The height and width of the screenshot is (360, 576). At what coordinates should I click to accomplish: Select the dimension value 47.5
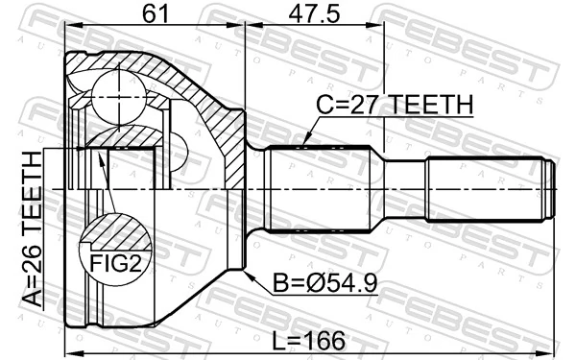click(x=314, y=12)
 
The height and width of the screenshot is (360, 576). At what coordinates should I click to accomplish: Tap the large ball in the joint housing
click(x=116, y=95)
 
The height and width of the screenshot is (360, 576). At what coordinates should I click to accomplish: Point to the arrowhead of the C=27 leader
click(x=304, y=144)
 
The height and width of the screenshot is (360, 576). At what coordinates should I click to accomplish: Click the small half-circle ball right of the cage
click(x=180, y=148)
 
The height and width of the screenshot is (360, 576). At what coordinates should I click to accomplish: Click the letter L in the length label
click(x=280, y=341)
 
